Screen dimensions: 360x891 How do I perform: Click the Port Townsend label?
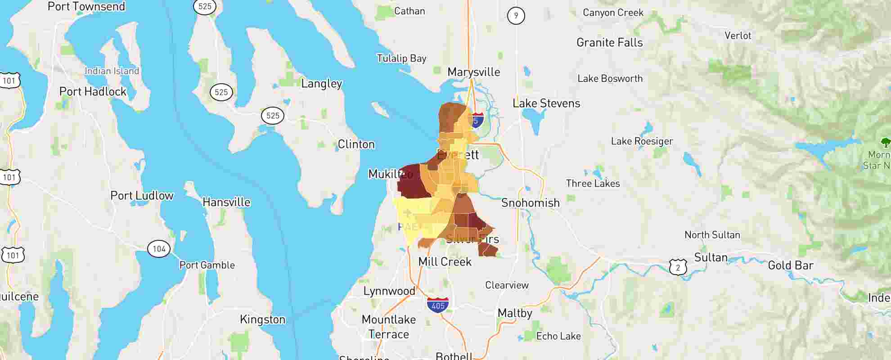tap(86, 6)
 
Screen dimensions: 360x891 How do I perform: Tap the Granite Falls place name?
tap(609, 42)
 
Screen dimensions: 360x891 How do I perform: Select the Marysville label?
tap(473, 72)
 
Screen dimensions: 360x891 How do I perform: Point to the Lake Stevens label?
tap(546, 103)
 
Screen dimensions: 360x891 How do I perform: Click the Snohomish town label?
tap(530, 202)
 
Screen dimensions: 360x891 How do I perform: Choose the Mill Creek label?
tap(445, 261)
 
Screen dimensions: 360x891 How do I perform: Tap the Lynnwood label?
tap(389, 291)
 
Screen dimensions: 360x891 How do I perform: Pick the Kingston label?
tap(262, 319)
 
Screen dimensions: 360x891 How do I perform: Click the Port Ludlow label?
tap(142, 195)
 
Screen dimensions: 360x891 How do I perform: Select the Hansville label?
tap(226, 202)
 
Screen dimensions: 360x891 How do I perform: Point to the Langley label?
tap(321, 83)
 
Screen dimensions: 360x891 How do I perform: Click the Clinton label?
tap(356, 144)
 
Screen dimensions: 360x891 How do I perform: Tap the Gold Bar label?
tap(790, 265)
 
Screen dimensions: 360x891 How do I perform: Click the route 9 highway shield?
tap(516, 16)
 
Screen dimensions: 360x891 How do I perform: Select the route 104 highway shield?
tap(159, 248)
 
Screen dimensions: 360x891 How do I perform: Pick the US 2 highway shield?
tap(678, 267)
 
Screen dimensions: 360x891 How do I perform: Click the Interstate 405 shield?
tap(438, 305)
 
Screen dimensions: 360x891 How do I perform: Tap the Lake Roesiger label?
tap(642, 141)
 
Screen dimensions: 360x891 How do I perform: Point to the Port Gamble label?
tap(207, 265)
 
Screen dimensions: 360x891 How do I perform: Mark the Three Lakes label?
tap(593, 183)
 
